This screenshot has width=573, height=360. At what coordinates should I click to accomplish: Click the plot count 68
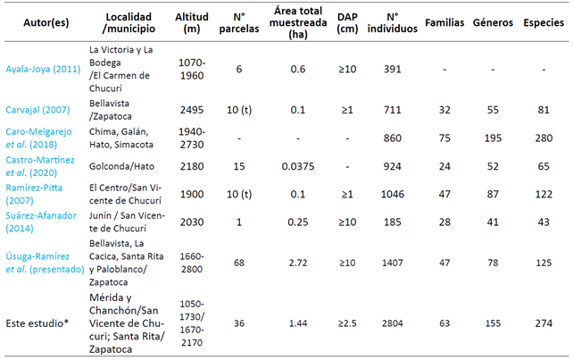[238, 263]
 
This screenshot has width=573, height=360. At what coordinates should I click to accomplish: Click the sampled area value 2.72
[292, 263]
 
